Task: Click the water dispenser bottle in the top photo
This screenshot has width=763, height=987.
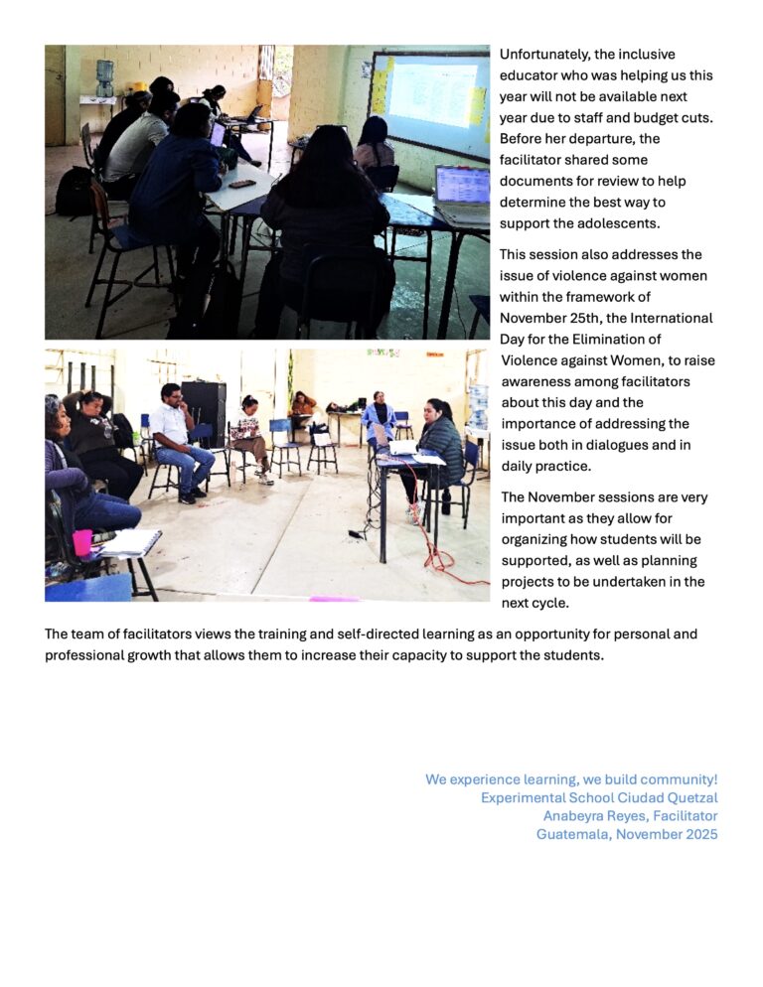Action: tap(104, 71)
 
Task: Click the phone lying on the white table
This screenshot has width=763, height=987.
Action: tap(241, 184)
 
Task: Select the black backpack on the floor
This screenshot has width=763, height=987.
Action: tap(73, 193)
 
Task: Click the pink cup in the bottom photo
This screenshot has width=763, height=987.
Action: tap(82, 542)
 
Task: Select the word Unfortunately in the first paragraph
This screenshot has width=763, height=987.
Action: tap(543, 55)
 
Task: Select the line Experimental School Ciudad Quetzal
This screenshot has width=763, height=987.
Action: tap(598, 797)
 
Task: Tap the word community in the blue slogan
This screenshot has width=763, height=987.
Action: tap(679, 779)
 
